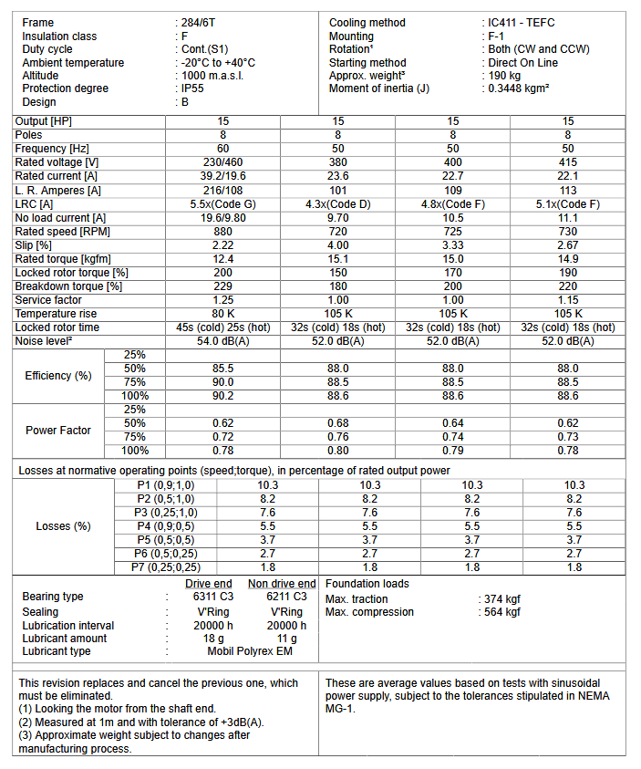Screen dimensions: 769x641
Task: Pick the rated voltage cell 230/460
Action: pos(222,162)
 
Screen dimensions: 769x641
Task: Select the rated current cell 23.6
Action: pos(338,176)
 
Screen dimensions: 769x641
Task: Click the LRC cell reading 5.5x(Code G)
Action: pos(222,204)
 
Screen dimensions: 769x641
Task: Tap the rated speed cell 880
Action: pos(222,232)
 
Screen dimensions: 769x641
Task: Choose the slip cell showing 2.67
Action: pos(568,245)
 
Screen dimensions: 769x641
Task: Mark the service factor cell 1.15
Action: pos(568,300)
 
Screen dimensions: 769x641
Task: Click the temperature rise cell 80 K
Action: pos(222,314)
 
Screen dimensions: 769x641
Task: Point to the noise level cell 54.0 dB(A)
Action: pos(222,341)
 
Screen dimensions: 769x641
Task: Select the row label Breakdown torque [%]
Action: pos(68,286)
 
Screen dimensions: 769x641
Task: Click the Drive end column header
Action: pos(208,584)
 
